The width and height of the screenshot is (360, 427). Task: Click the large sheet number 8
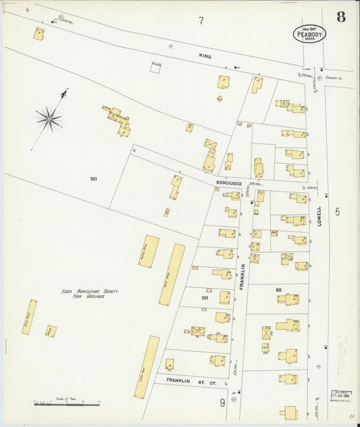(x=341, y=17)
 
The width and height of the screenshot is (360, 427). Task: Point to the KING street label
(x=205, y=56)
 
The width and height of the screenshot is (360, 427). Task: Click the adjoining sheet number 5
(x=337, y=211)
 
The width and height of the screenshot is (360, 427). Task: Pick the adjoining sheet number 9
(x=222, y=403)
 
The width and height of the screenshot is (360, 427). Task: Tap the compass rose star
(x=49, y=119)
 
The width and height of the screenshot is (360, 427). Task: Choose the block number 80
(x=278, y=291)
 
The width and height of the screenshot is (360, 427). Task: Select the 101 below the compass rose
(x=93, y=179)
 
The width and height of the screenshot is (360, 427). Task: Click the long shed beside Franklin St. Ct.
(x=147, y=367)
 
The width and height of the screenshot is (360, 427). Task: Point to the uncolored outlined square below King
(x=157, y=66)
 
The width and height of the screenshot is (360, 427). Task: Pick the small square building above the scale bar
(x=51, y=331)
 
